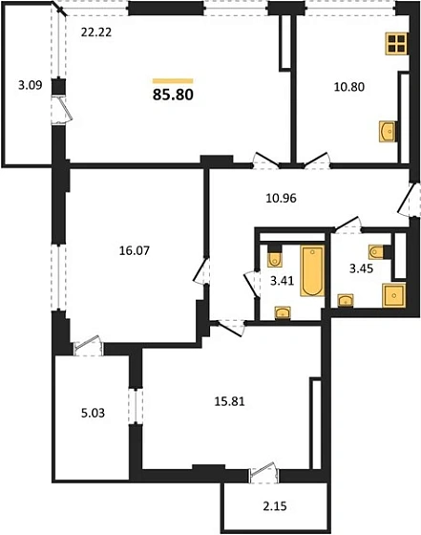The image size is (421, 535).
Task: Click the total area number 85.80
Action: pyautogui.click(x=174, y=95)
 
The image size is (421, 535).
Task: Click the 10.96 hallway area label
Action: pyautogui.click(x=283, y=200)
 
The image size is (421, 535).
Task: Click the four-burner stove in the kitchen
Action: pyautogui.click(x=397, y=43)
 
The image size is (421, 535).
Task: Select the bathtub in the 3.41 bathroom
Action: pyautogui.click(x=311, y=272)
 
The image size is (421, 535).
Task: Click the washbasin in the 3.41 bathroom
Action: pyautogui.click(x=283, y=310)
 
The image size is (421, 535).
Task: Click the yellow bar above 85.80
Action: pyautogui.click(x=174, y=80)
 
